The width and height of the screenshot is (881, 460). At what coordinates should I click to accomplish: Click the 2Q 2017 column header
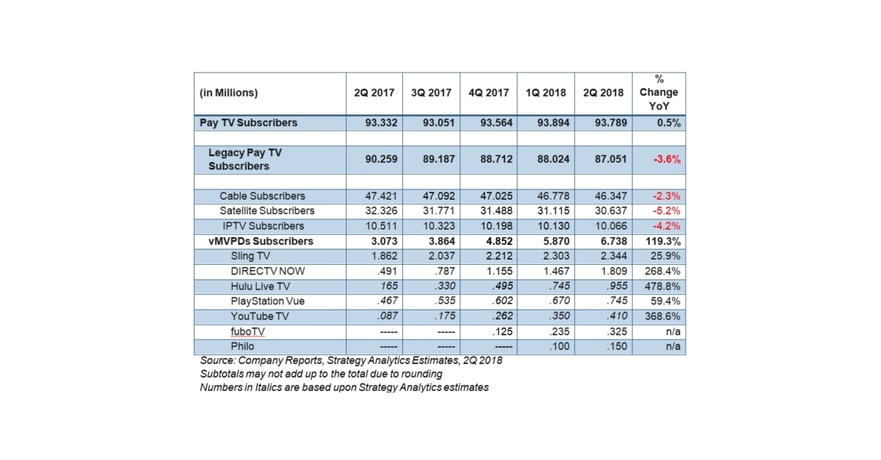(374, 93)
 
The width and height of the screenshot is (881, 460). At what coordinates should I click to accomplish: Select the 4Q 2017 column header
(488, 93)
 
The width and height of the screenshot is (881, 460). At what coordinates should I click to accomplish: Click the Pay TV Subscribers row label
(248, 123)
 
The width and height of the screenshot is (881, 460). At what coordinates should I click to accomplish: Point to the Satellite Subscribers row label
(267, 211)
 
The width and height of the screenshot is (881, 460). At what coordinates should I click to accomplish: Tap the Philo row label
(243, 346)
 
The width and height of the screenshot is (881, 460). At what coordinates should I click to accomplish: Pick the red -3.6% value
(667, 159)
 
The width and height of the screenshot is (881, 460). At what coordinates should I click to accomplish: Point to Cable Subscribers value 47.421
(381, 197)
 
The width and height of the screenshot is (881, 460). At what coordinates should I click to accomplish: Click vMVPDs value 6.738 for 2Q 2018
(611, 241)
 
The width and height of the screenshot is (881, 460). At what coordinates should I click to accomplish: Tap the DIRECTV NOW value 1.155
(498, 271)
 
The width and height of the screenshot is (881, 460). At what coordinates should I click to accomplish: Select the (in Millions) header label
(229, 93)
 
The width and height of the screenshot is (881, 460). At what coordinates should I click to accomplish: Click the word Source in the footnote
(217, 361)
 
